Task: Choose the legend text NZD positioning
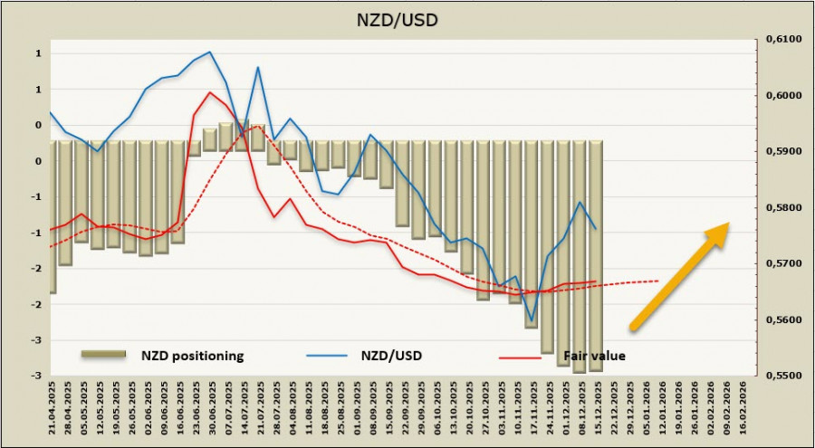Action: point(192,356)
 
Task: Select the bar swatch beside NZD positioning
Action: point(102,356)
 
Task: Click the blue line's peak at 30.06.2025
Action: point(210,52)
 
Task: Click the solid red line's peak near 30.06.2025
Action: point(210,91)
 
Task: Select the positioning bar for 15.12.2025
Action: point(596,255)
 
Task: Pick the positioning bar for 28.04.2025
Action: point(66,203)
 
